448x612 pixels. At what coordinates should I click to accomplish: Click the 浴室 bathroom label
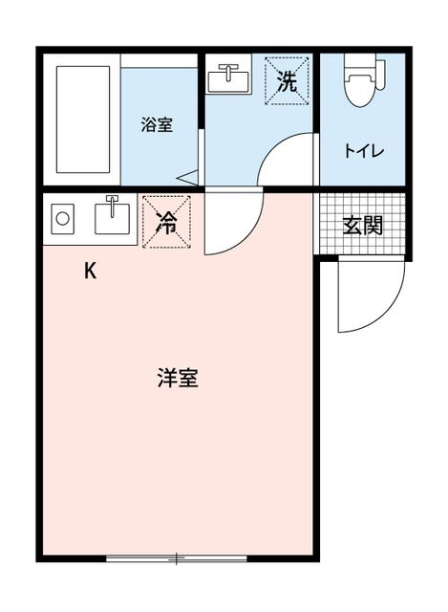coord(157,125)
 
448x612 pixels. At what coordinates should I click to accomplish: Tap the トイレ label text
coord(364,151)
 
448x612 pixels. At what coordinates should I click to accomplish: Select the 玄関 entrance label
coord(363,226)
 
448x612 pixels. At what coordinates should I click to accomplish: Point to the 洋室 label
coord(178,378)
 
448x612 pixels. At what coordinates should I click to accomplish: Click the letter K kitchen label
coord(91,271)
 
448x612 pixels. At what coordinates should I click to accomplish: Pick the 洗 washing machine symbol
coord(287,80)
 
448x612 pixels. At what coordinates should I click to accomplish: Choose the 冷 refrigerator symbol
coord(166,222)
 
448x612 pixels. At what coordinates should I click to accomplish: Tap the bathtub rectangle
coord(83,120)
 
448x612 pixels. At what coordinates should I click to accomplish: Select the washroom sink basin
coord(228,81)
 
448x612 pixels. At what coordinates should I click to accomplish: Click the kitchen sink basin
coord(113,219)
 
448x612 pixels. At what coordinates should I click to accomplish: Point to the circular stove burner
coord(62,219)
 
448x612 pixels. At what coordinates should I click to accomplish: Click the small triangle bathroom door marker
coord(188,178)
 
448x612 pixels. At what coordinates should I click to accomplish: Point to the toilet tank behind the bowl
coord(380,76)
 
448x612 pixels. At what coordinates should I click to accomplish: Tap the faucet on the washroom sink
coord(228,71)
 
